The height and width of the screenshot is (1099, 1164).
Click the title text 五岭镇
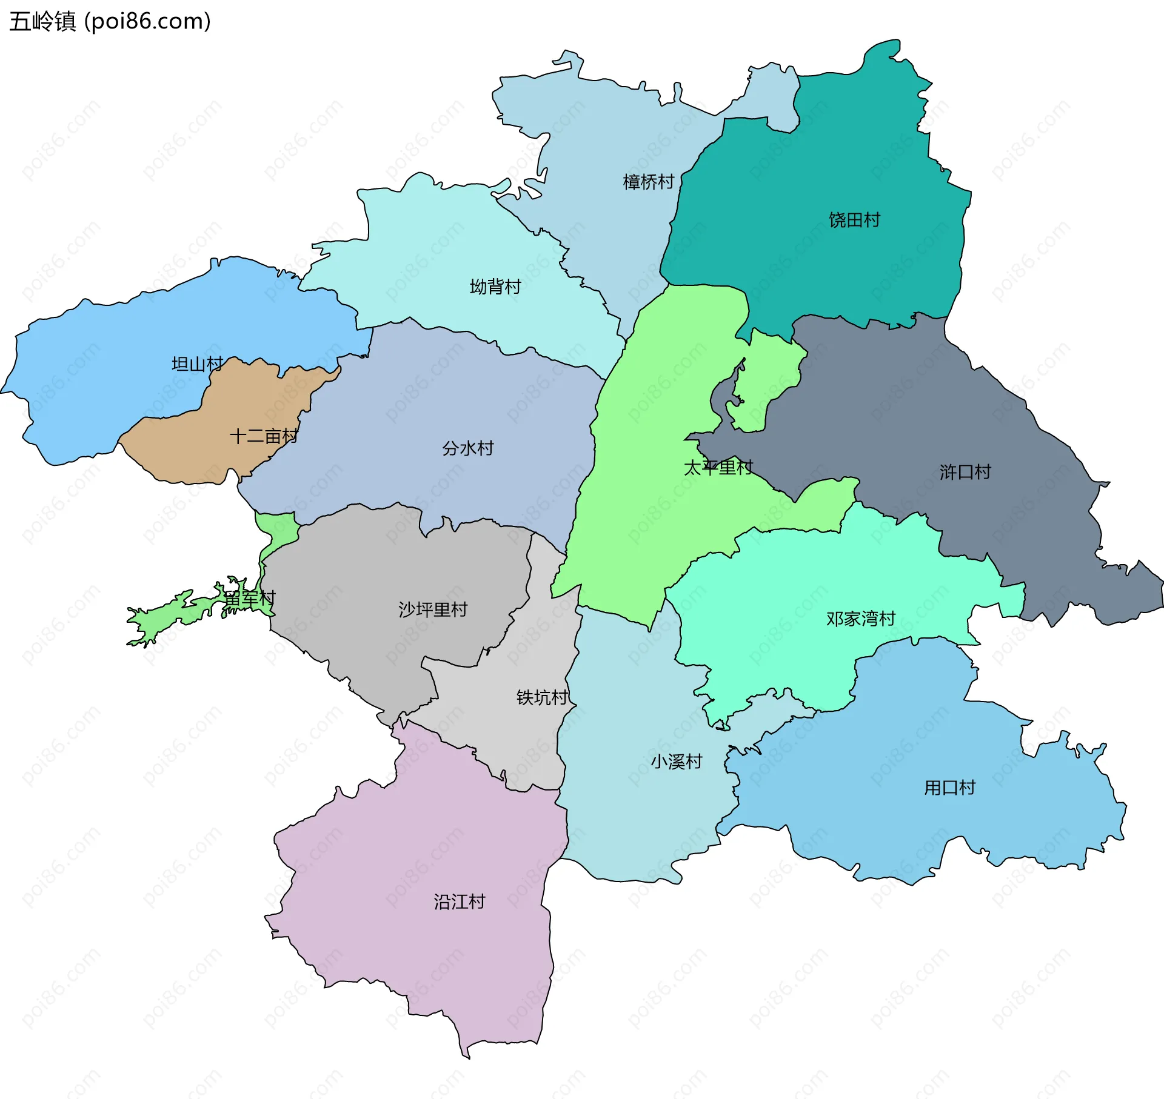tap(42, 21)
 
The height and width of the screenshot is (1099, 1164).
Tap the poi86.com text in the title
tap(148, 21)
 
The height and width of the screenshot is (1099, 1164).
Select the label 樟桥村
tap(648, 182)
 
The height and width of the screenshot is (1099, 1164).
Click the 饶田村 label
tap(854, 220)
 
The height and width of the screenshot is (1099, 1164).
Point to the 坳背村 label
tap(495, 287)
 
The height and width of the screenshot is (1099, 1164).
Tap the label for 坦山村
tap(197, 364)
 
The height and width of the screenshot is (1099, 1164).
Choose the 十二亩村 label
tap(264, 436)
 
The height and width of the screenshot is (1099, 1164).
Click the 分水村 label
tap(467, 448)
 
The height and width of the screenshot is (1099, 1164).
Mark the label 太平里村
tap(718, 468)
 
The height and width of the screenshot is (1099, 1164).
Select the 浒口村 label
tap(965, 472)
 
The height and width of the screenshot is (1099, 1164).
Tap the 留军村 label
tap(249, 599)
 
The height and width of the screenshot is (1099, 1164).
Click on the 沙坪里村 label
tap(433, 609)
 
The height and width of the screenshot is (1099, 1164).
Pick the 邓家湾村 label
tap(861, 619)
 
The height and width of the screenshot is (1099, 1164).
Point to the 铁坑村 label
tap(542, 698)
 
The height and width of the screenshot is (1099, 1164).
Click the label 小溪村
tap(677, 762)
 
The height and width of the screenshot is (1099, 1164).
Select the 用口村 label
tap(949, 788)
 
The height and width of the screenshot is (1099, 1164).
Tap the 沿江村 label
tap(459, 902)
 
